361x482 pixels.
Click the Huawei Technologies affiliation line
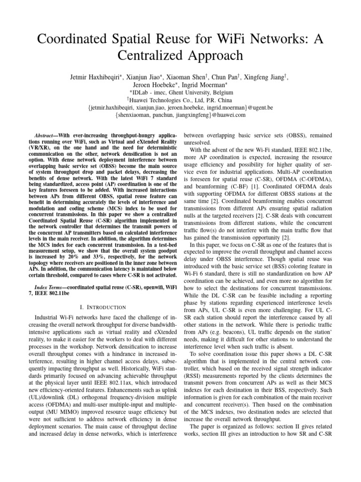180,100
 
